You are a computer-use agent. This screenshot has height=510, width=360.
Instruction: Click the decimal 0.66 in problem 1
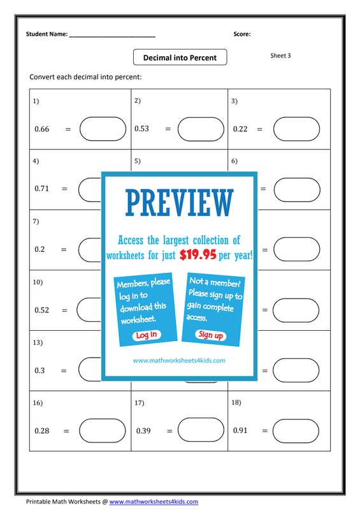tap(41, 129)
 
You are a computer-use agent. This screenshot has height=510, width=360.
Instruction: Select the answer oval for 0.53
tap(201, 129)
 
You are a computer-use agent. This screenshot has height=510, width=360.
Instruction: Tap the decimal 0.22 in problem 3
tap(240, 129)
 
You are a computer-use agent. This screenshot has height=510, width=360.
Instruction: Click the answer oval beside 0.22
tap(296, 129)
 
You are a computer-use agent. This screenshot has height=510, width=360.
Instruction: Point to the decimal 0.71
tap(41, 189)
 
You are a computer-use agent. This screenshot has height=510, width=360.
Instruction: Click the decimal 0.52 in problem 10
tap(41, 310)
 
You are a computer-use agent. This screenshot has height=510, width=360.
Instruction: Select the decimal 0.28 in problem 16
tap(41, 431)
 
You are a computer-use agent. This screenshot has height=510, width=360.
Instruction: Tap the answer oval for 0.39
tap(201, 430)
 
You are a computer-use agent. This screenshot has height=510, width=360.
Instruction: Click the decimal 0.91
tap(240, 431)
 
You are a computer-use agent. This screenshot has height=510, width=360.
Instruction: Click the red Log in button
tap(147, 335)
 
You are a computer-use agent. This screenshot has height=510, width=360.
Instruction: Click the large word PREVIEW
tap(180, 203)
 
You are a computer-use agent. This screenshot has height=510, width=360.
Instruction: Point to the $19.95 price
tap(198, 254)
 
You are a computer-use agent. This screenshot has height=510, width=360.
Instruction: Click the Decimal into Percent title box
tap(180, 57)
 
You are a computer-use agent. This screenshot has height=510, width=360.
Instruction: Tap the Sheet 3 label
tap(280, 55)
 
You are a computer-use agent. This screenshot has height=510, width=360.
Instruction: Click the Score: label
tap(242, 34)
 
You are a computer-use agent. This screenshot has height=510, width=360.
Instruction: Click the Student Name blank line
tap(112, 36)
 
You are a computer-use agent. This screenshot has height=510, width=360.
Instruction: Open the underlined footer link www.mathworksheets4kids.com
tap(154, 502)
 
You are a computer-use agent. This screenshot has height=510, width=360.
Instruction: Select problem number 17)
tap(139, 403)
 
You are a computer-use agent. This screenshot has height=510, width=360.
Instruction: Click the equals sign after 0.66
tap(68, 129)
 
